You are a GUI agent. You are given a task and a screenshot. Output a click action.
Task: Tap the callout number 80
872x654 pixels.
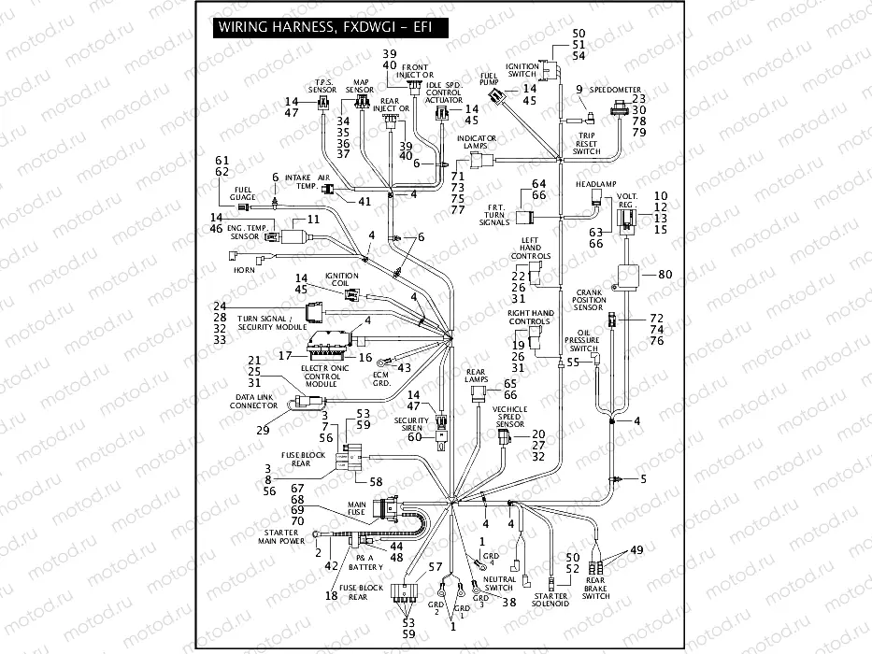[665, 275]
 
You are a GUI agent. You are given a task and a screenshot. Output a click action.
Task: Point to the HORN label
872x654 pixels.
[244, 270]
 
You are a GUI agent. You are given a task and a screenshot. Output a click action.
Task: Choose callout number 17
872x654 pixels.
[285, 355]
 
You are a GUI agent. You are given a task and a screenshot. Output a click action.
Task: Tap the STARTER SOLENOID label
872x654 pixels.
[550, 599]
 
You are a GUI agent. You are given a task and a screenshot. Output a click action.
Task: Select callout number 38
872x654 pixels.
[509, 603]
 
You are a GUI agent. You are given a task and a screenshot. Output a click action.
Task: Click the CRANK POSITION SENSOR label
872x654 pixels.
[613, 298]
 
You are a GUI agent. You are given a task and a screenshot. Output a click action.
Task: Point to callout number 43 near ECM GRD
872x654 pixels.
[405, 367]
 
